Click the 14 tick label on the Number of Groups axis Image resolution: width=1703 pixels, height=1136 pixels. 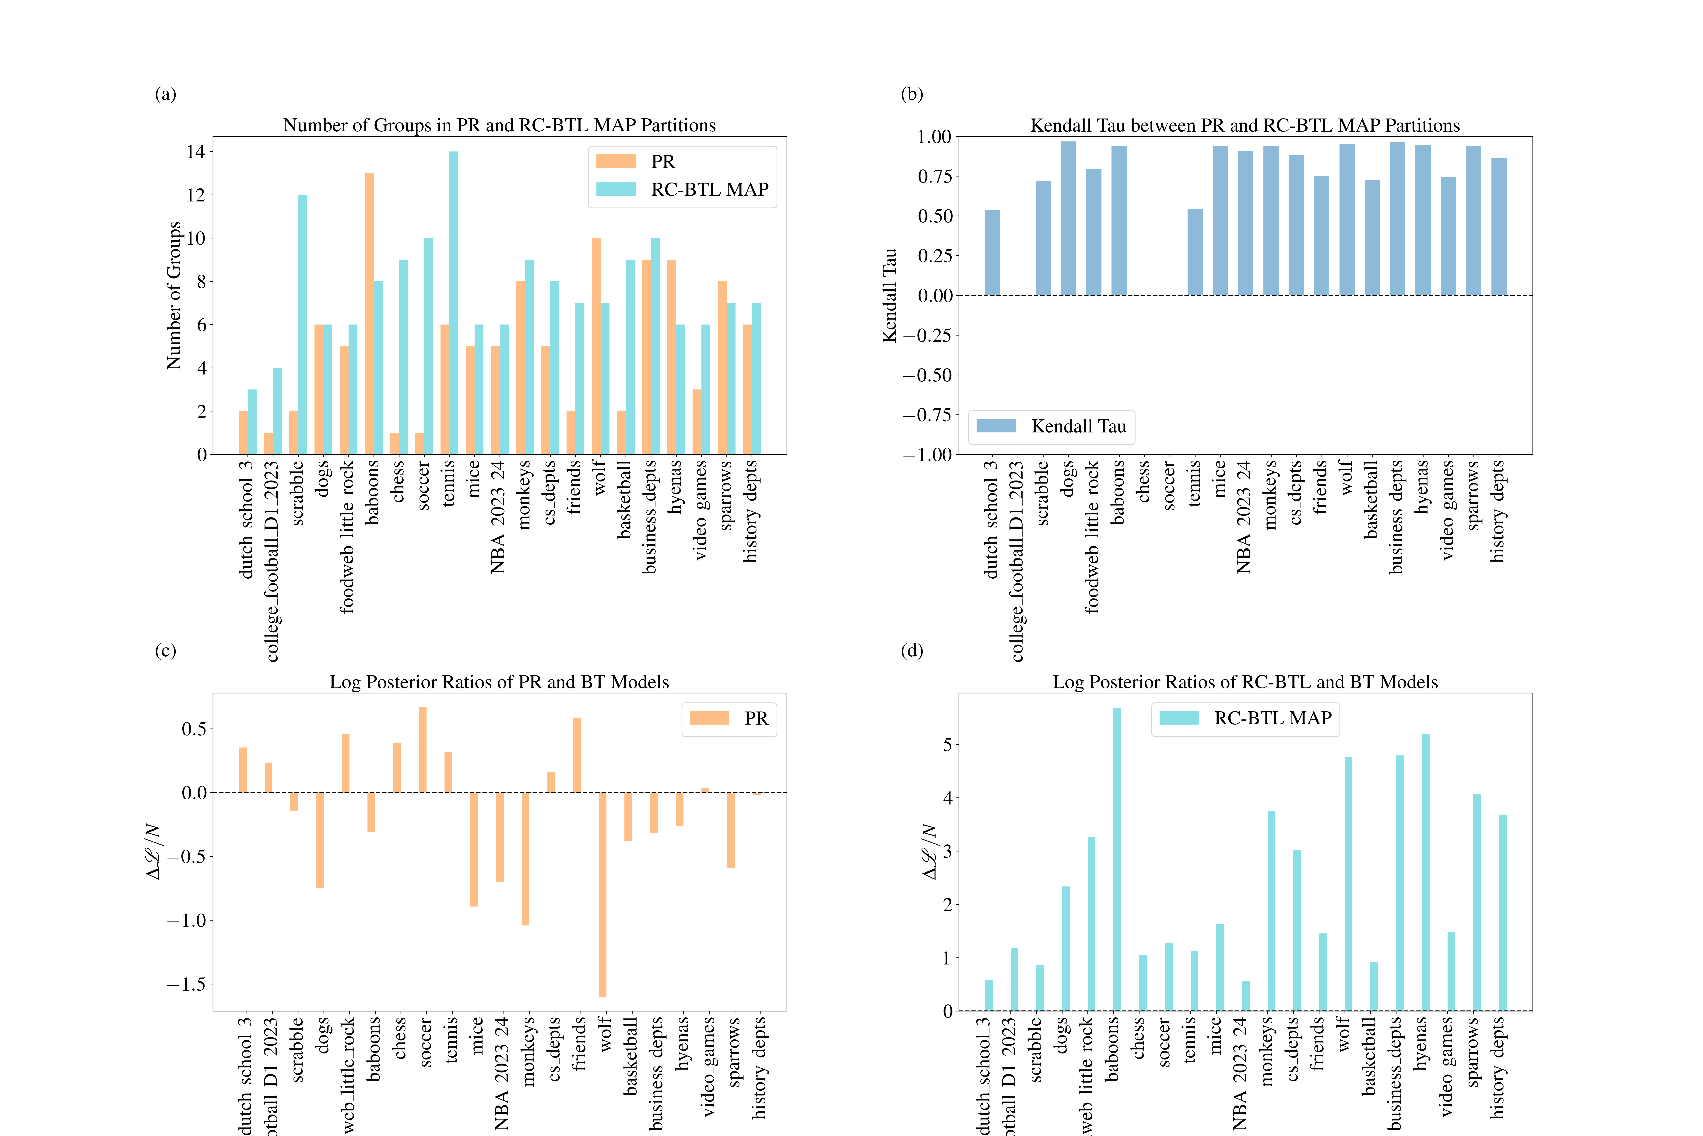point(195,152)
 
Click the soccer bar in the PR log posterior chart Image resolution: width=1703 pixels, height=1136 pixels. point(423,750)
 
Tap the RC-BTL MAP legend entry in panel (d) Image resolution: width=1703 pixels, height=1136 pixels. point(1245,718)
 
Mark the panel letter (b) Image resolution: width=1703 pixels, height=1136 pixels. point(912,94)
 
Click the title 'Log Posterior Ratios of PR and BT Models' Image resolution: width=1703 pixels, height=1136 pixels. point(499,682)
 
